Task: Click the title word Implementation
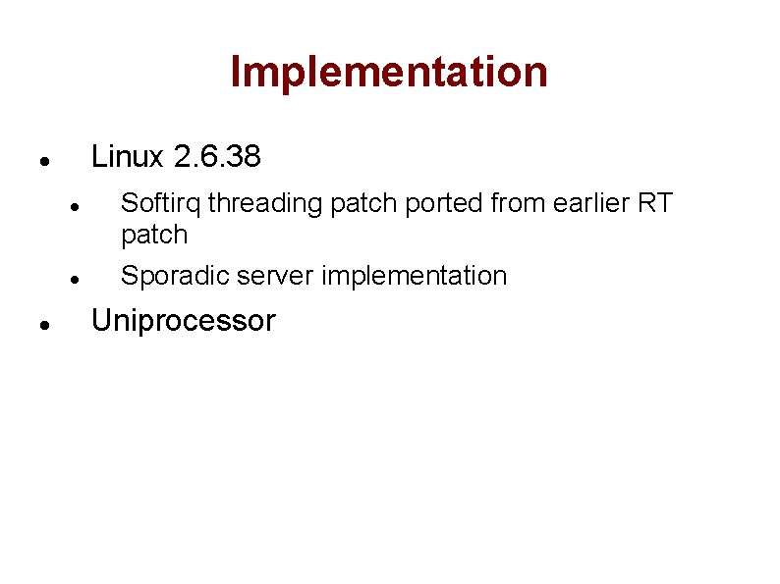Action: pyautogui.click(x=389, y=72)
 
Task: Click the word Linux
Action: pyautogui.click(x=127, y=156)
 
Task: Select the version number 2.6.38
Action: pyautogui.click(x=216, y=156)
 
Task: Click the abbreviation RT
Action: pyautogui.click(x=655, y=203)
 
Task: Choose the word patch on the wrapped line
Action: pyautogui.click(x=153, y=235)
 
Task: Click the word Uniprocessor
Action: pyautogui.click(x=183, y=321)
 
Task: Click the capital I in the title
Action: pyautogui.click(x=236, y=72)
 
